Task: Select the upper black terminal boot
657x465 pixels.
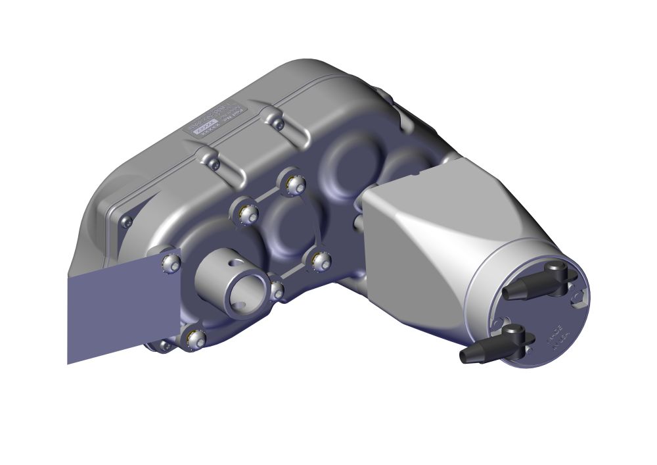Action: pyautogui.click(x=533, y=284)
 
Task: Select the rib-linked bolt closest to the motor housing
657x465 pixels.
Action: pyautogui.click(x=321, y=261)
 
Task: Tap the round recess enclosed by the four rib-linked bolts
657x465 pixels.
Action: pyautogui.click(x=289, y=224)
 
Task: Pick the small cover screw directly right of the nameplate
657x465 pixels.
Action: pyautogui.click(x=279, y=124)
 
